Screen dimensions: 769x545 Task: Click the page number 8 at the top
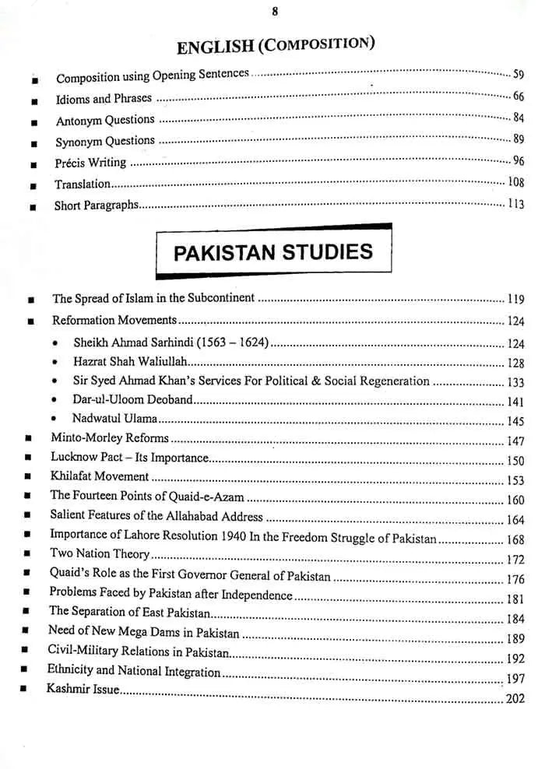[275, 11]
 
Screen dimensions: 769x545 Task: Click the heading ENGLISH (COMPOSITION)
[275, 45]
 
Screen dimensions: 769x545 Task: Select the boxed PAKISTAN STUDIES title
[272, 252]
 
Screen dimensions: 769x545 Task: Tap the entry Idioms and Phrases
[104, 99]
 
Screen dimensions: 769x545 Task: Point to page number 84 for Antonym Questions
[518, 118]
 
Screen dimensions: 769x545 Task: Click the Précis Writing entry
[90, 163]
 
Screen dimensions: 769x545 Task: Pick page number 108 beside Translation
[515, 182]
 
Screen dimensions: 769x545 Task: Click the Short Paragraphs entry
[96, 205]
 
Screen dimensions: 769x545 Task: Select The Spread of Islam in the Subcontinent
[153, 298]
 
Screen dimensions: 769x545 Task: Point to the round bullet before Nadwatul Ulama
[54, 418]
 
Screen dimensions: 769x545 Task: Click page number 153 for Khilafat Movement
[515, 480]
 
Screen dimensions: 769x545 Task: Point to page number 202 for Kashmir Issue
[514, 699]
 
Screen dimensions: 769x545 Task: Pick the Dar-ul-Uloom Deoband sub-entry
[132, 400]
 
